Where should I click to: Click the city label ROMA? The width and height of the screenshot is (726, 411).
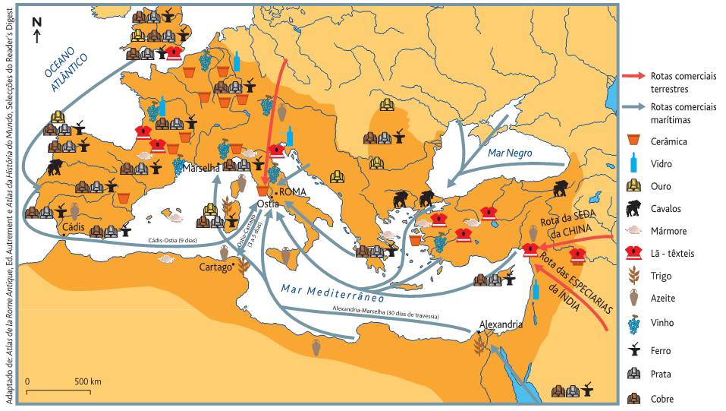click(x=294, y=192)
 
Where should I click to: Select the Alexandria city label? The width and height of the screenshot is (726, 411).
click(x=501, y=324)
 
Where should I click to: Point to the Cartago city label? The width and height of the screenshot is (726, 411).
click(x=215, y=267)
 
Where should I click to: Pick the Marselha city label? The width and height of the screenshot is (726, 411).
click(x=199, y=167)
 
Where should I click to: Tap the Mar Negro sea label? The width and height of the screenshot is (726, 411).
click(x=510, y=153)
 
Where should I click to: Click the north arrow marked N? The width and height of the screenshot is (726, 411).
click(x=36, y=29)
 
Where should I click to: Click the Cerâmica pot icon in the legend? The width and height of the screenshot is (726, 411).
click(x=634, y=140)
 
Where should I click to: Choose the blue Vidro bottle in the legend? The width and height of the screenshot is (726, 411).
click(x=634, y=162)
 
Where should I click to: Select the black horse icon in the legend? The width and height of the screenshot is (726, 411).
click(x=634, y=208)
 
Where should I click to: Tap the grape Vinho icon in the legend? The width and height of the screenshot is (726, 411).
click(x=634, y=323)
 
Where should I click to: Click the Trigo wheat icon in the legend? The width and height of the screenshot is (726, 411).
click(x=634, y=276)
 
